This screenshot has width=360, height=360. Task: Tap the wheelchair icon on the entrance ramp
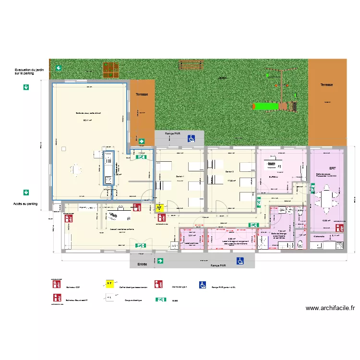click(x=239, y=261)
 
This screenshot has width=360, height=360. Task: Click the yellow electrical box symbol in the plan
click(x=160, y=208)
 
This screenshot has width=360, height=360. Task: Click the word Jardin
click(x=222, y=78)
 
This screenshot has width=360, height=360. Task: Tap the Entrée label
click(x=142, y=264)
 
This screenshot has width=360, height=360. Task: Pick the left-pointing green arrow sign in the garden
click(x=58, y=68)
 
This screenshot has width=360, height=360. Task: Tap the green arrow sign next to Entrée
click(x=160, y=261)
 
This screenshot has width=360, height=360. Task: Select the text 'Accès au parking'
click(x=25, y=204)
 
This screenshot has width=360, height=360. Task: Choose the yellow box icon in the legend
click(x=110, y=284)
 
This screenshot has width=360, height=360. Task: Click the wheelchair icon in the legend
click(x=203, y=285)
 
